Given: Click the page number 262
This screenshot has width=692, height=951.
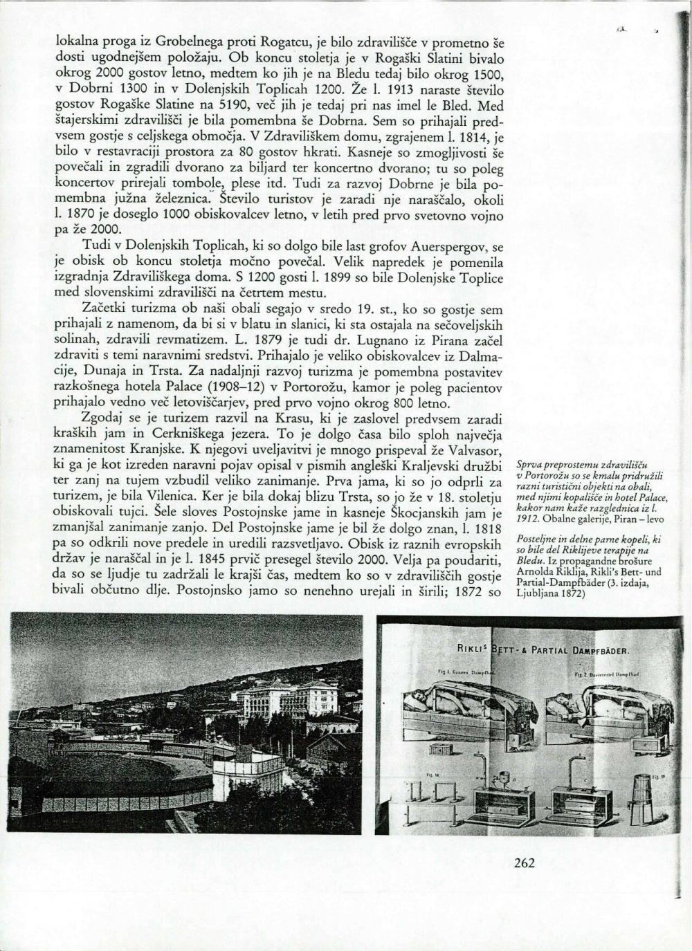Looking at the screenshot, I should coord(525,862).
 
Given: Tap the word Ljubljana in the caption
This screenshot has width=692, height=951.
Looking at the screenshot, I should coord(537,593).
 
